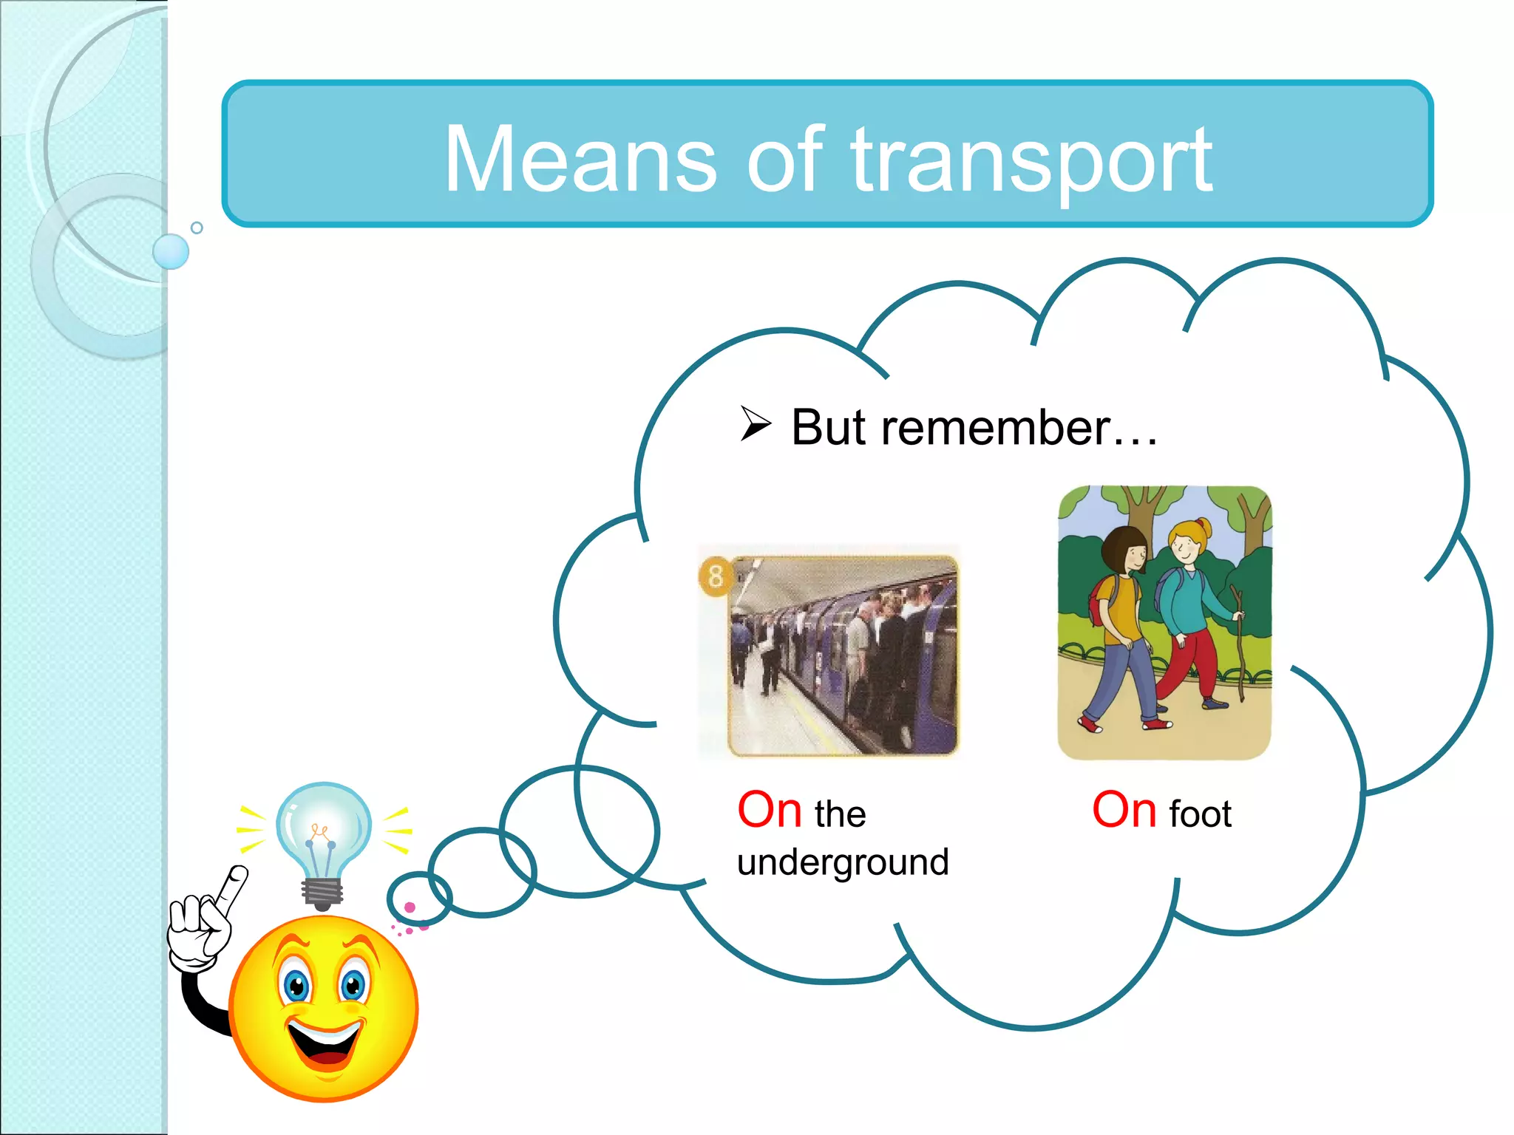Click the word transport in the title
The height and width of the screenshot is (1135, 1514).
[x=1031, y=161]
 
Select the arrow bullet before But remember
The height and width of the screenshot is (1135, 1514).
[x=756, y=424]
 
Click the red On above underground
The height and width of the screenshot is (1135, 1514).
[x=770, y=810]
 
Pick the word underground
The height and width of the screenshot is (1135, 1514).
[x=843, y=862]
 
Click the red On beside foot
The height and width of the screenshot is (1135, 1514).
[x=1124, y=810]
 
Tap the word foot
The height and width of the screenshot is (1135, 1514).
[x=1201, y=814]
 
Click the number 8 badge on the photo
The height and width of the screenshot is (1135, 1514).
[x=715, y=576]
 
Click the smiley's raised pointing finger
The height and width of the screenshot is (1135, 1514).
[x=235, y=887]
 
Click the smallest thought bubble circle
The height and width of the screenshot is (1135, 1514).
[x=418, y=898]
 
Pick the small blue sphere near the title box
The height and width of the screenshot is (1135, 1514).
[x=171, y=251]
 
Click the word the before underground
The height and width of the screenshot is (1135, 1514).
[x=840, y=814]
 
